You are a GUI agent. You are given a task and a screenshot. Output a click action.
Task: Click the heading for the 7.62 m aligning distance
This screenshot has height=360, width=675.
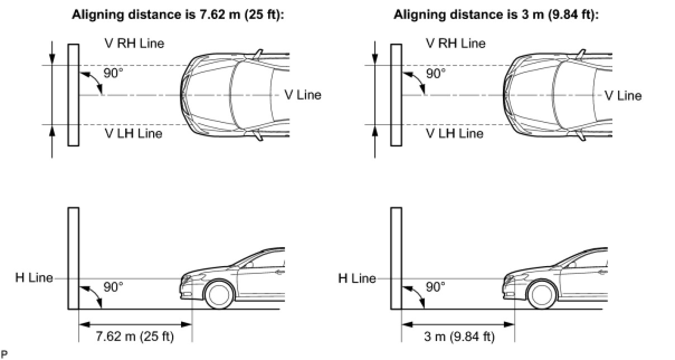[178, 15]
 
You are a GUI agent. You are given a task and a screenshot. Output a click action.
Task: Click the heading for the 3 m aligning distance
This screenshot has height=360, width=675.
[496, 15]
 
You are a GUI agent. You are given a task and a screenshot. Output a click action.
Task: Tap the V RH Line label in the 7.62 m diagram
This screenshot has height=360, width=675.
[135, 43]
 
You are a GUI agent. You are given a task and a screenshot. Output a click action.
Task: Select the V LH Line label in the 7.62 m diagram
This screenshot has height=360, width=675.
[134, 134]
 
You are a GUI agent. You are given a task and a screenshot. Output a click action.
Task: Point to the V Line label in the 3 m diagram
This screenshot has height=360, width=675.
[623, 96]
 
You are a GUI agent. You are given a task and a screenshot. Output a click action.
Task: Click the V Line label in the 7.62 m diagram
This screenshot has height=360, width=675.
[303, 95]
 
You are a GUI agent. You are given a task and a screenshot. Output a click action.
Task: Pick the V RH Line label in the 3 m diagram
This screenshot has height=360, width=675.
[455, 43]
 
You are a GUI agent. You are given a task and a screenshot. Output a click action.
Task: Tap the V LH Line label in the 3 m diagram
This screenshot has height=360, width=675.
[454, 134]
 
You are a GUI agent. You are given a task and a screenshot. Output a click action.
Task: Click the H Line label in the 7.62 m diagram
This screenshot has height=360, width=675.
[34, 278]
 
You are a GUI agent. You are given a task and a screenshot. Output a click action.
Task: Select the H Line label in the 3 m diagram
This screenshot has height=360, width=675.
[357, 278]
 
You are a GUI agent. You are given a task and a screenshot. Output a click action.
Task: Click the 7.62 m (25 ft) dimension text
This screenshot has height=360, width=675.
[135, 337]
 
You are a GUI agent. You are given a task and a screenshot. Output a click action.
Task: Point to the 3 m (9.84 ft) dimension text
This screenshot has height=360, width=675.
[458, 337]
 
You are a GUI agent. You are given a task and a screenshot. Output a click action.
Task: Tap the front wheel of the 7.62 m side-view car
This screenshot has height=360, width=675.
[218, 294]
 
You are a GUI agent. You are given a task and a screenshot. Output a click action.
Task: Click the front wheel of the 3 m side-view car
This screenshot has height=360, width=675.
[541, 294]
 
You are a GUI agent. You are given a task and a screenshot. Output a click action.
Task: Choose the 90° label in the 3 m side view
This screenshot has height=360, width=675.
[436, 287]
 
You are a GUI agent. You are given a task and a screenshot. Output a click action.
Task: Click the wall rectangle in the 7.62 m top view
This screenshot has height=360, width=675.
[73, 95]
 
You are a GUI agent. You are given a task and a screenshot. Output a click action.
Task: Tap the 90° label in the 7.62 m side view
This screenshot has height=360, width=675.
[113, 287]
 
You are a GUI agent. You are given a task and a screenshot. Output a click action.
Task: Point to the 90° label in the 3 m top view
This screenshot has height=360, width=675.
[436, 73]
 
